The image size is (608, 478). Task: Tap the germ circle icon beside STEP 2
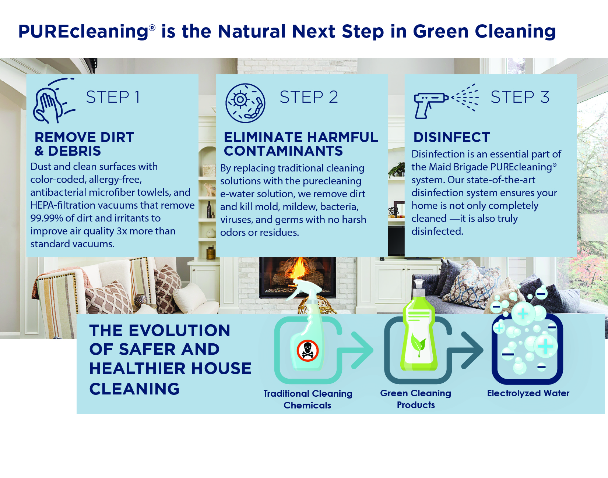[245, 103]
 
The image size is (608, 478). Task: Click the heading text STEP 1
[113, 97]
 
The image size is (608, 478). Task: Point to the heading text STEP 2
[309, 97]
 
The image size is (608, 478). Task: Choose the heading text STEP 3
[520, 97]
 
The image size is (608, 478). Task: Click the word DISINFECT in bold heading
[451, 137]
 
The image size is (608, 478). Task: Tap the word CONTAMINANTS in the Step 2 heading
[283, 151]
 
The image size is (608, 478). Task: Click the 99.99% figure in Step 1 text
[47, 218]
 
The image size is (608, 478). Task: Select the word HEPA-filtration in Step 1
[60, 205]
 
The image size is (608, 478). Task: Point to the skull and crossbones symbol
[307, 350]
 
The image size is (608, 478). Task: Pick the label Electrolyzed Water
[528, 393]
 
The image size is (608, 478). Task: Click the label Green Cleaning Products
[416, 399]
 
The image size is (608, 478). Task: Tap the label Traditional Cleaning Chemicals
[308, 399]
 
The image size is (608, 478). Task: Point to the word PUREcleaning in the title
[84, 32]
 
